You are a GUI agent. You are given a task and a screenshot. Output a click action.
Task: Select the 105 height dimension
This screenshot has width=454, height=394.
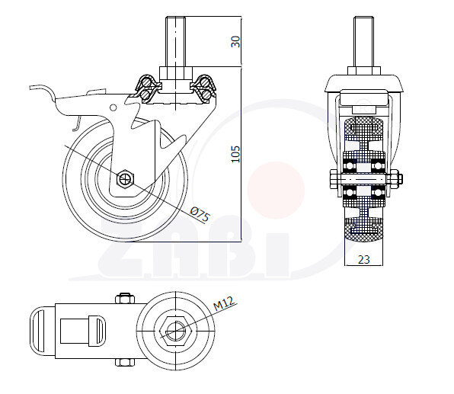pos(235,153)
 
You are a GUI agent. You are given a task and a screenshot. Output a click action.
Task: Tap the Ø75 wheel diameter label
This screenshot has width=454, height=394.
pos(200,214)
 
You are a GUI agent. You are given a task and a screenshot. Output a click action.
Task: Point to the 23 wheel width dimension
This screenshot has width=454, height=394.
pos(363,259)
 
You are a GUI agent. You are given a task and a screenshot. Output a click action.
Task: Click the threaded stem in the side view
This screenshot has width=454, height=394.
pos(174,43)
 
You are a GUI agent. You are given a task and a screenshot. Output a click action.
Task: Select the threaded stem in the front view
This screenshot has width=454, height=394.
pos(363,43)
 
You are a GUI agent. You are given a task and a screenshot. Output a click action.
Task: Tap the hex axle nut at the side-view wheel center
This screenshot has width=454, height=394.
pos(125,180)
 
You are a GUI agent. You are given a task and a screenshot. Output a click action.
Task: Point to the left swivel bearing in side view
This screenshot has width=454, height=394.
pos(145,88)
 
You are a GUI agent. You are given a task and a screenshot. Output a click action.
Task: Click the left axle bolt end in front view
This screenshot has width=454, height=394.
pos(334,181)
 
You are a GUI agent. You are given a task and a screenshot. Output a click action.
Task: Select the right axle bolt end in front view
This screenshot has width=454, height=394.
pos(395,181)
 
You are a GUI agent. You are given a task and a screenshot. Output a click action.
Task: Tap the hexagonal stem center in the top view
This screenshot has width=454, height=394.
pos(174,331)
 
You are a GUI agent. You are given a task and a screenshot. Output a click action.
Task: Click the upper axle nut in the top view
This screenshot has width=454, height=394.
pos(124,298)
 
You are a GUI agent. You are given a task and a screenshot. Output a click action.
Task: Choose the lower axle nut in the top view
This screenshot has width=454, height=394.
pos(124,364)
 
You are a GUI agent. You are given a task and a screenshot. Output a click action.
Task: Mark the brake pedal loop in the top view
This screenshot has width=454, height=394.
pos(42,331)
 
